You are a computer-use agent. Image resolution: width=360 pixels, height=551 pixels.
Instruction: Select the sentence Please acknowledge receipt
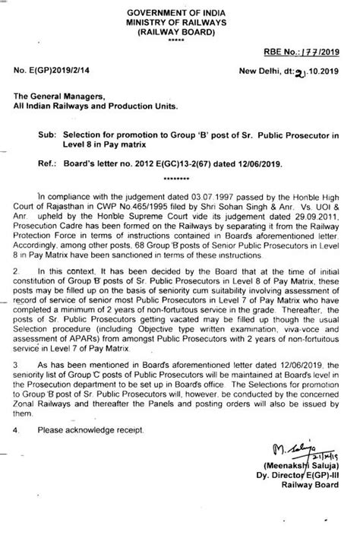(93, 430)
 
